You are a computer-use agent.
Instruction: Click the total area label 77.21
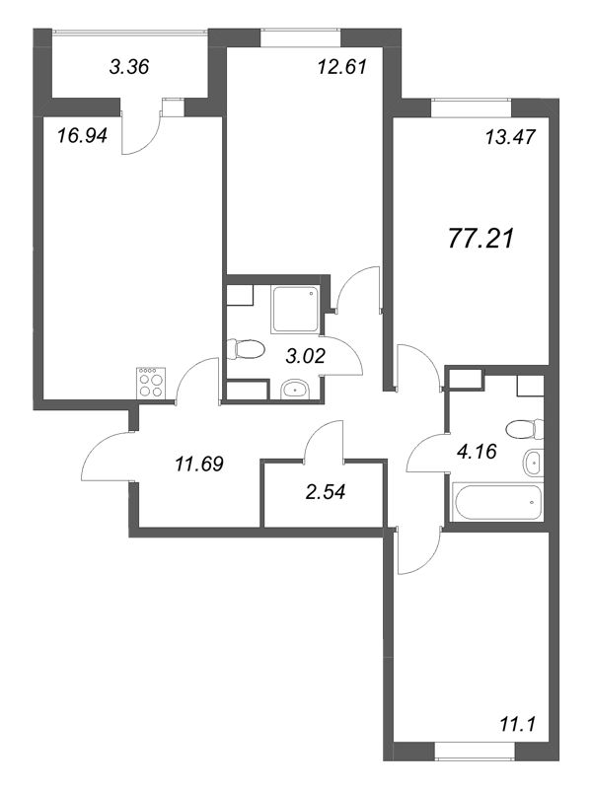[x=481, y=238]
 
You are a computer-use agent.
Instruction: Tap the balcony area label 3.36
[x=129, y=66]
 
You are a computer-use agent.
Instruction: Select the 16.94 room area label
[x=82, y=135]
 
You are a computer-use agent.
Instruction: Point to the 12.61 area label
[x=341, y=66]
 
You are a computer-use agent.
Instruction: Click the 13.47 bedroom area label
[x=510, y=136]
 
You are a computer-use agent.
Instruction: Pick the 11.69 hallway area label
[x=199, y=464]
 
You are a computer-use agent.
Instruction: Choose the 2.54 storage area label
[x=326, y=491]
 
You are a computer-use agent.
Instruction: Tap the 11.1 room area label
[x=517, y=724]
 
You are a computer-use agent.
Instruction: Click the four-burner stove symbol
[x=152, y=384]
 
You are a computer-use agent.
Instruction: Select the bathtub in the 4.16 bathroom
[x=499, y=502]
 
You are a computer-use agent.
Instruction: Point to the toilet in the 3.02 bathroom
[x=245, y=349]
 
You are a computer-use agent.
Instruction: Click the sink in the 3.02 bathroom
[x=294, y=389]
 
